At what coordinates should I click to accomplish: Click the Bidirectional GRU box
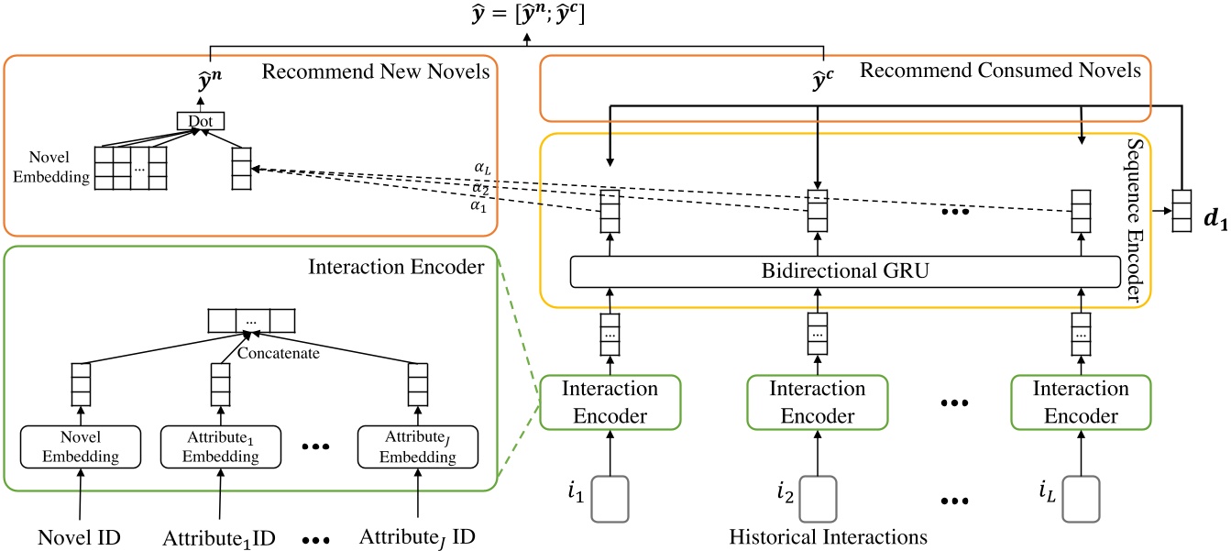[845, 271]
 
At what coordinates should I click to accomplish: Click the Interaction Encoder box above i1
[609, 402]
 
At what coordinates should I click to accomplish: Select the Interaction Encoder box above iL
[1081, 402]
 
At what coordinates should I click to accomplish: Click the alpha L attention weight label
[481, 168]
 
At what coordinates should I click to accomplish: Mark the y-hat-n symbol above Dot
[211, 83]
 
